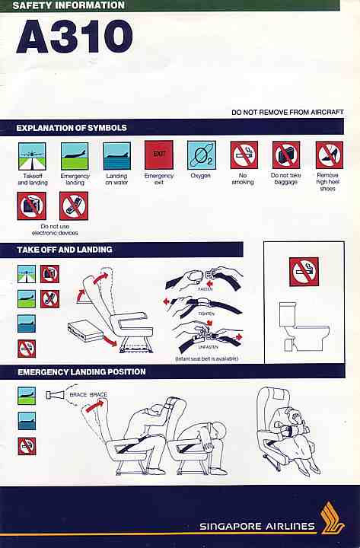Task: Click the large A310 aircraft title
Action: (x=74, y=37)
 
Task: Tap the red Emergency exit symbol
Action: (x=159, y=155)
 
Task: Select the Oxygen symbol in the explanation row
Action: (x=202, y=155)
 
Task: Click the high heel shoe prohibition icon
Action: (x=330, y=155)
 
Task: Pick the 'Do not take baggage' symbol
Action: (x=286, y=155)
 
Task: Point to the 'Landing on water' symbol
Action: (x=116, y=156)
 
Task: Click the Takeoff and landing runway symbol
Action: (x=32, y=156)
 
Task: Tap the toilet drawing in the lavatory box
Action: (x=303, y=327)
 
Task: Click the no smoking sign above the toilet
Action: (x=304, y=272)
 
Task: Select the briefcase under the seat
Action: (x=86, y=330)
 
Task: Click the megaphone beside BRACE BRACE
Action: (x=55, y=395)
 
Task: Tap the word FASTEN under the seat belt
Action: (x=205, y=289)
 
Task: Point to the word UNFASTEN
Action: (x=208, y=347)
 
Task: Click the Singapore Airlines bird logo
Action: (x=333, y=518)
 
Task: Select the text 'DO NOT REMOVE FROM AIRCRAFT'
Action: (x=287, y=112)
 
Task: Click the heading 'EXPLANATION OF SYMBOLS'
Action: (x=72, y=128)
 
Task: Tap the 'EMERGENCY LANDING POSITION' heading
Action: (x=81, y=372)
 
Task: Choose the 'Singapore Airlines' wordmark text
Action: (x=257, y=527)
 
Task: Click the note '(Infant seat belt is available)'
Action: (x=206, y=358)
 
